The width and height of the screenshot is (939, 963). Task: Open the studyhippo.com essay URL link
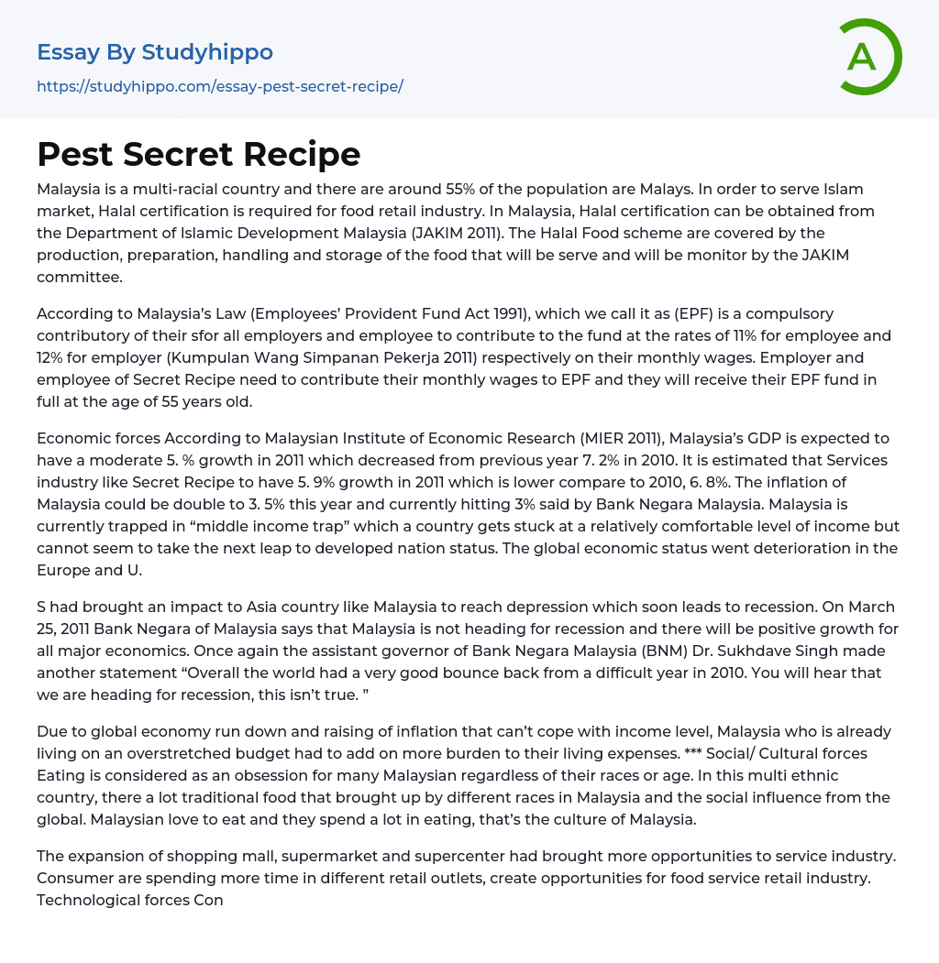(220, 86)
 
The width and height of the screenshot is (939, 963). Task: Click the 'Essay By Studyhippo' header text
(155, 52)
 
